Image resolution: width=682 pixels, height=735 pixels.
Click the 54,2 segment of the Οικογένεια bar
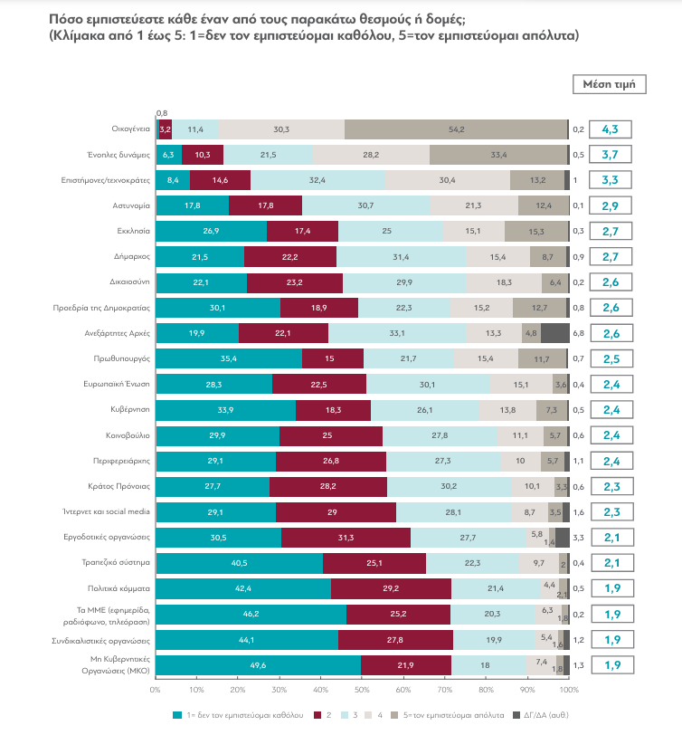[456, 129]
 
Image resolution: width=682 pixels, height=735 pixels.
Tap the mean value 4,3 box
[610, 129]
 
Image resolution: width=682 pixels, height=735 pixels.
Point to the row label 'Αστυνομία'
[124, 206]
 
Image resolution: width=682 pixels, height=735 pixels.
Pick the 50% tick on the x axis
[362, 689]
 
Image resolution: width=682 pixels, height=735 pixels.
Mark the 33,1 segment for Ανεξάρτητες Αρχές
[397, 333]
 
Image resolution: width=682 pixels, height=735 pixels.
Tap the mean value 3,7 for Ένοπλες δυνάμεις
[610, 155]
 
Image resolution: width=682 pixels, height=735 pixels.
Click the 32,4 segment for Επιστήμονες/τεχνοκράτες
[317, 180]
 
